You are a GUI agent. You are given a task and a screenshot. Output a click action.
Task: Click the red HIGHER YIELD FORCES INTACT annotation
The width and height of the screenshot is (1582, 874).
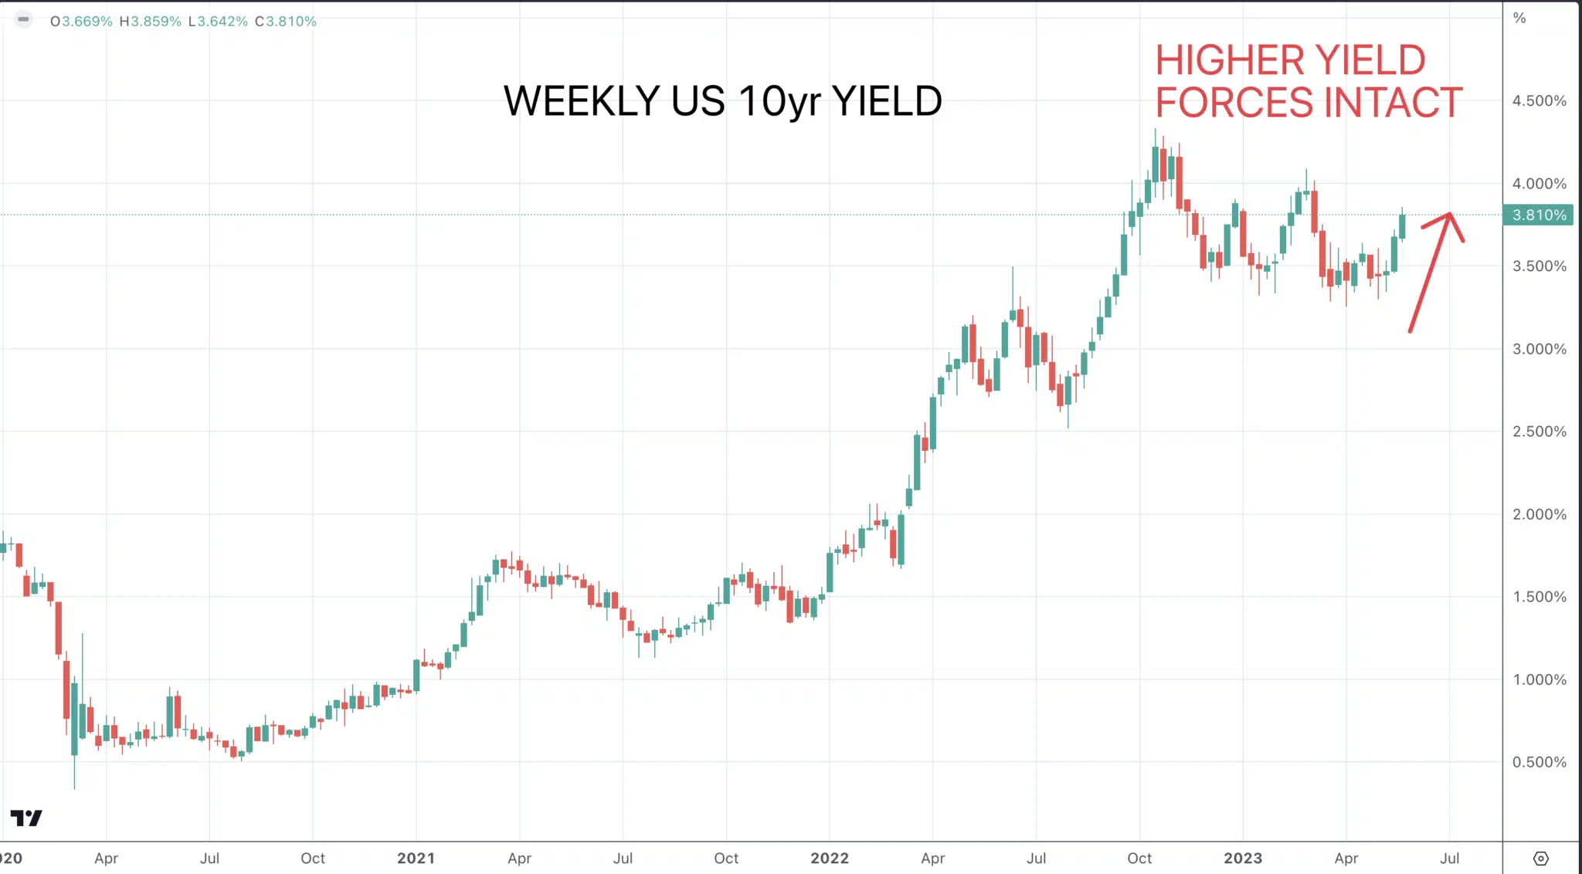click(x=1309, y=82)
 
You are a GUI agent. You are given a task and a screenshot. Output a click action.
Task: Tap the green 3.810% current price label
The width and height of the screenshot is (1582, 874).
click(x=1538, y=215)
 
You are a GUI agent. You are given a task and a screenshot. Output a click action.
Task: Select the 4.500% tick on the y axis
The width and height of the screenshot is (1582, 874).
click(x=1539, y=101)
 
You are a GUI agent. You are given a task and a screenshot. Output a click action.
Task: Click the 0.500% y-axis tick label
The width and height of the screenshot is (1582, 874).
click(x=1539, y=762)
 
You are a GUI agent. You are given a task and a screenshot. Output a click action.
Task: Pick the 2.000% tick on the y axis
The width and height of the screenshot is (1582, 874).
click(x=1539, y=514)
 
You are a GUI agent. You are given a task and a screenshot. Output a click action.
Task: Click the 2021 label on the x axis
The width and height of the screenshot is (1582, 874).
click(x=416, y=858)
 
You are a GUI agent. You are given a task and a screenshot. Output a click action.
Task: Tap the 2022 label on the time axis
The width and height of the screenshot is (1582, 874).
click(x=830, y=858)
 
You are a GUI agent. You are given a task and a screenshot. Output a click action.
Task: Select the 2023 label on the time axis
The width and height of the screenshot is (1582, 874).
click(x=1243, y=858)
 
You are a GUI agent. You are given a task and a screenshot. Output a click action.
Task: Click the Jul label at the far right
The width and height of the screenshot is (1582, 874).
click(x=1449, y=858)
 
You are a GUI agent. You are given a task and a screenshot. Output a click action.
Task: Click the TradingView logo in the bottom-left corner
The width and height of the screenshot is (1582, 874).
click(x=26, y=818)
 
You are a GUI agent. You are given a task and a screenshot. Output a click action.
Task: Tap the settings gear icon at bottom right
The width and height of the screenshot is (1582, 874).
click(x=1540, y=859)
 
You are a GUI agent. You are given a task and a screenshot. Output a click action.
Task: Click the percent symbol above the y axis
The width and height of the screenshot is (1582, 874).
click(x=1519, y=18)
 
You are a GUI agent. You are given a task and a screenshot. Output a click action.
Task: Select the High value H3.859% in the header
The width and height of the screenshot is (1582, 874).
click(x=150, y=22)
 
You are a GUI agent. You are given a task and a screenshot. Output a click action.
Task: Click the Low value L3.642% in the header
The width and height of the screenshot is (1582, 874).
click(x=218, y=22)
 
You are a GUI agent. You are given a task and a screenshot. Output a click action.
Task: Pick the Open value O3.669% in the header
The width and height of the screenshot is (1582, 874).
click(x=81, y=22)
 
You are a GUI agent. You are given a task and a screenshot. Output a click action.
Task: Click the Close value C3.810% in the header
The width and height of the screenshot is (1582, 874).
click(x=286, y=22)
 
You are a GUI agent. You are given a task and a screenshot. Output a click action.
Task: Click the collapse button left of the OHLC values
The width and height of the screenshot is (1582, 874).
click(x=23, y=19)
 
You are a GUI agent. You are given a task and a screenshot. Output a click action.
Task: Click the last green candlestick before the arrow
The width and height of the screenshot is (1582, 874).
click(x=1402, y=226)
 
